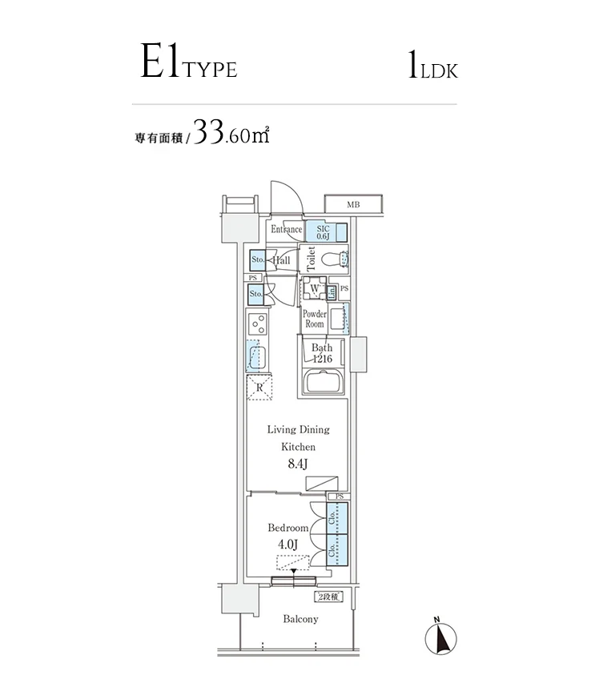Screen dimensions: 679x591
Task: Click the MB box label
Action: (353, 205)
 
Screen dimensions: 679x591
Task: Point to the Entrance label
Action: (286, 230)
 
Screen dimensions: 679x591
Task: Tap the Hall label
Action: (281, 261)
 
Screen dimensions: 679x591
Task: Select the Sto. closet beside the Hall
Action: (258, 261)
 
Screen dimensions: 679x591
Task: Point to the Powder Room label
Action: (314, 319)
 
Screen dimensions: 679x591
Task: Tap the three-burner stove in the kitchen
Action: (259, 324)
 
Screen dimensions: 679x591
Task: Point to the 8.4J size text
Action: (297, 464)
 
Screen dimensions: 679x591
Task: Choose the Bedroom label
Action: (287, 528)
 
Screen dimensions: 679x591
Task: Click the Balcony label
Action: (300, 619)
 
